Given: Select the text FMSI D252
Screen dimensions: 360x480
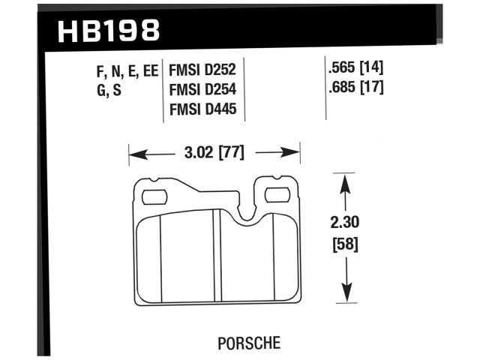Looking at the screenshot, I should pyautogui.click(x=203, y=70).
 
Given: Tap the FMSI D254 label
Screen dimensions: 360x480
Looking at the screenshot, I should pyautogui.click(x=203, y=90).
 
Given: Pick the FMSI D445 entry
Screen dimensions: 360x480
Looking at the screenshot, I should pyautogui.click(x=203, y=110).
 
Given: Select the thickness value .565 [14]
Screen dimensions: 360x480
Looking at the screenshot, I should pyautogui.click(x=355, y=67).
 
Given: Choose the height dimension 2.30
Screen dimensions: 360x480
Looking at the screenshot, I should pyautogui.click(x=346, y=223).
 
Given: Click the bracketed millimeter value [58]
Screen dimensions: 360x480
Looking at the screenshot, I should pyautogui.click(x=346, y=244).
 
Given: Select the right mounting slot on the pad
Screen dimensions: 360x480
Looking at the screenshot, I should pyautogui.click(x=279, y=197).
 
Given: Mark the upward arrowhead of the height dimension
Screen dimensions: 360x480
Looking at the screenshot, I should pyautogui.click(x=345, y=181).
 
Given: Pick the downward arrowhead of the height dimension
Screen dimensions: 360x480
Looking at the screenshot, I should pyautogui.click(x=345, y=298).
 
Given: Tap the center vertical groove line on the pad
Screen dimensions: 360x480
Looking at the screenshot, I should pyautogui.click(x=214, y=255).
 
